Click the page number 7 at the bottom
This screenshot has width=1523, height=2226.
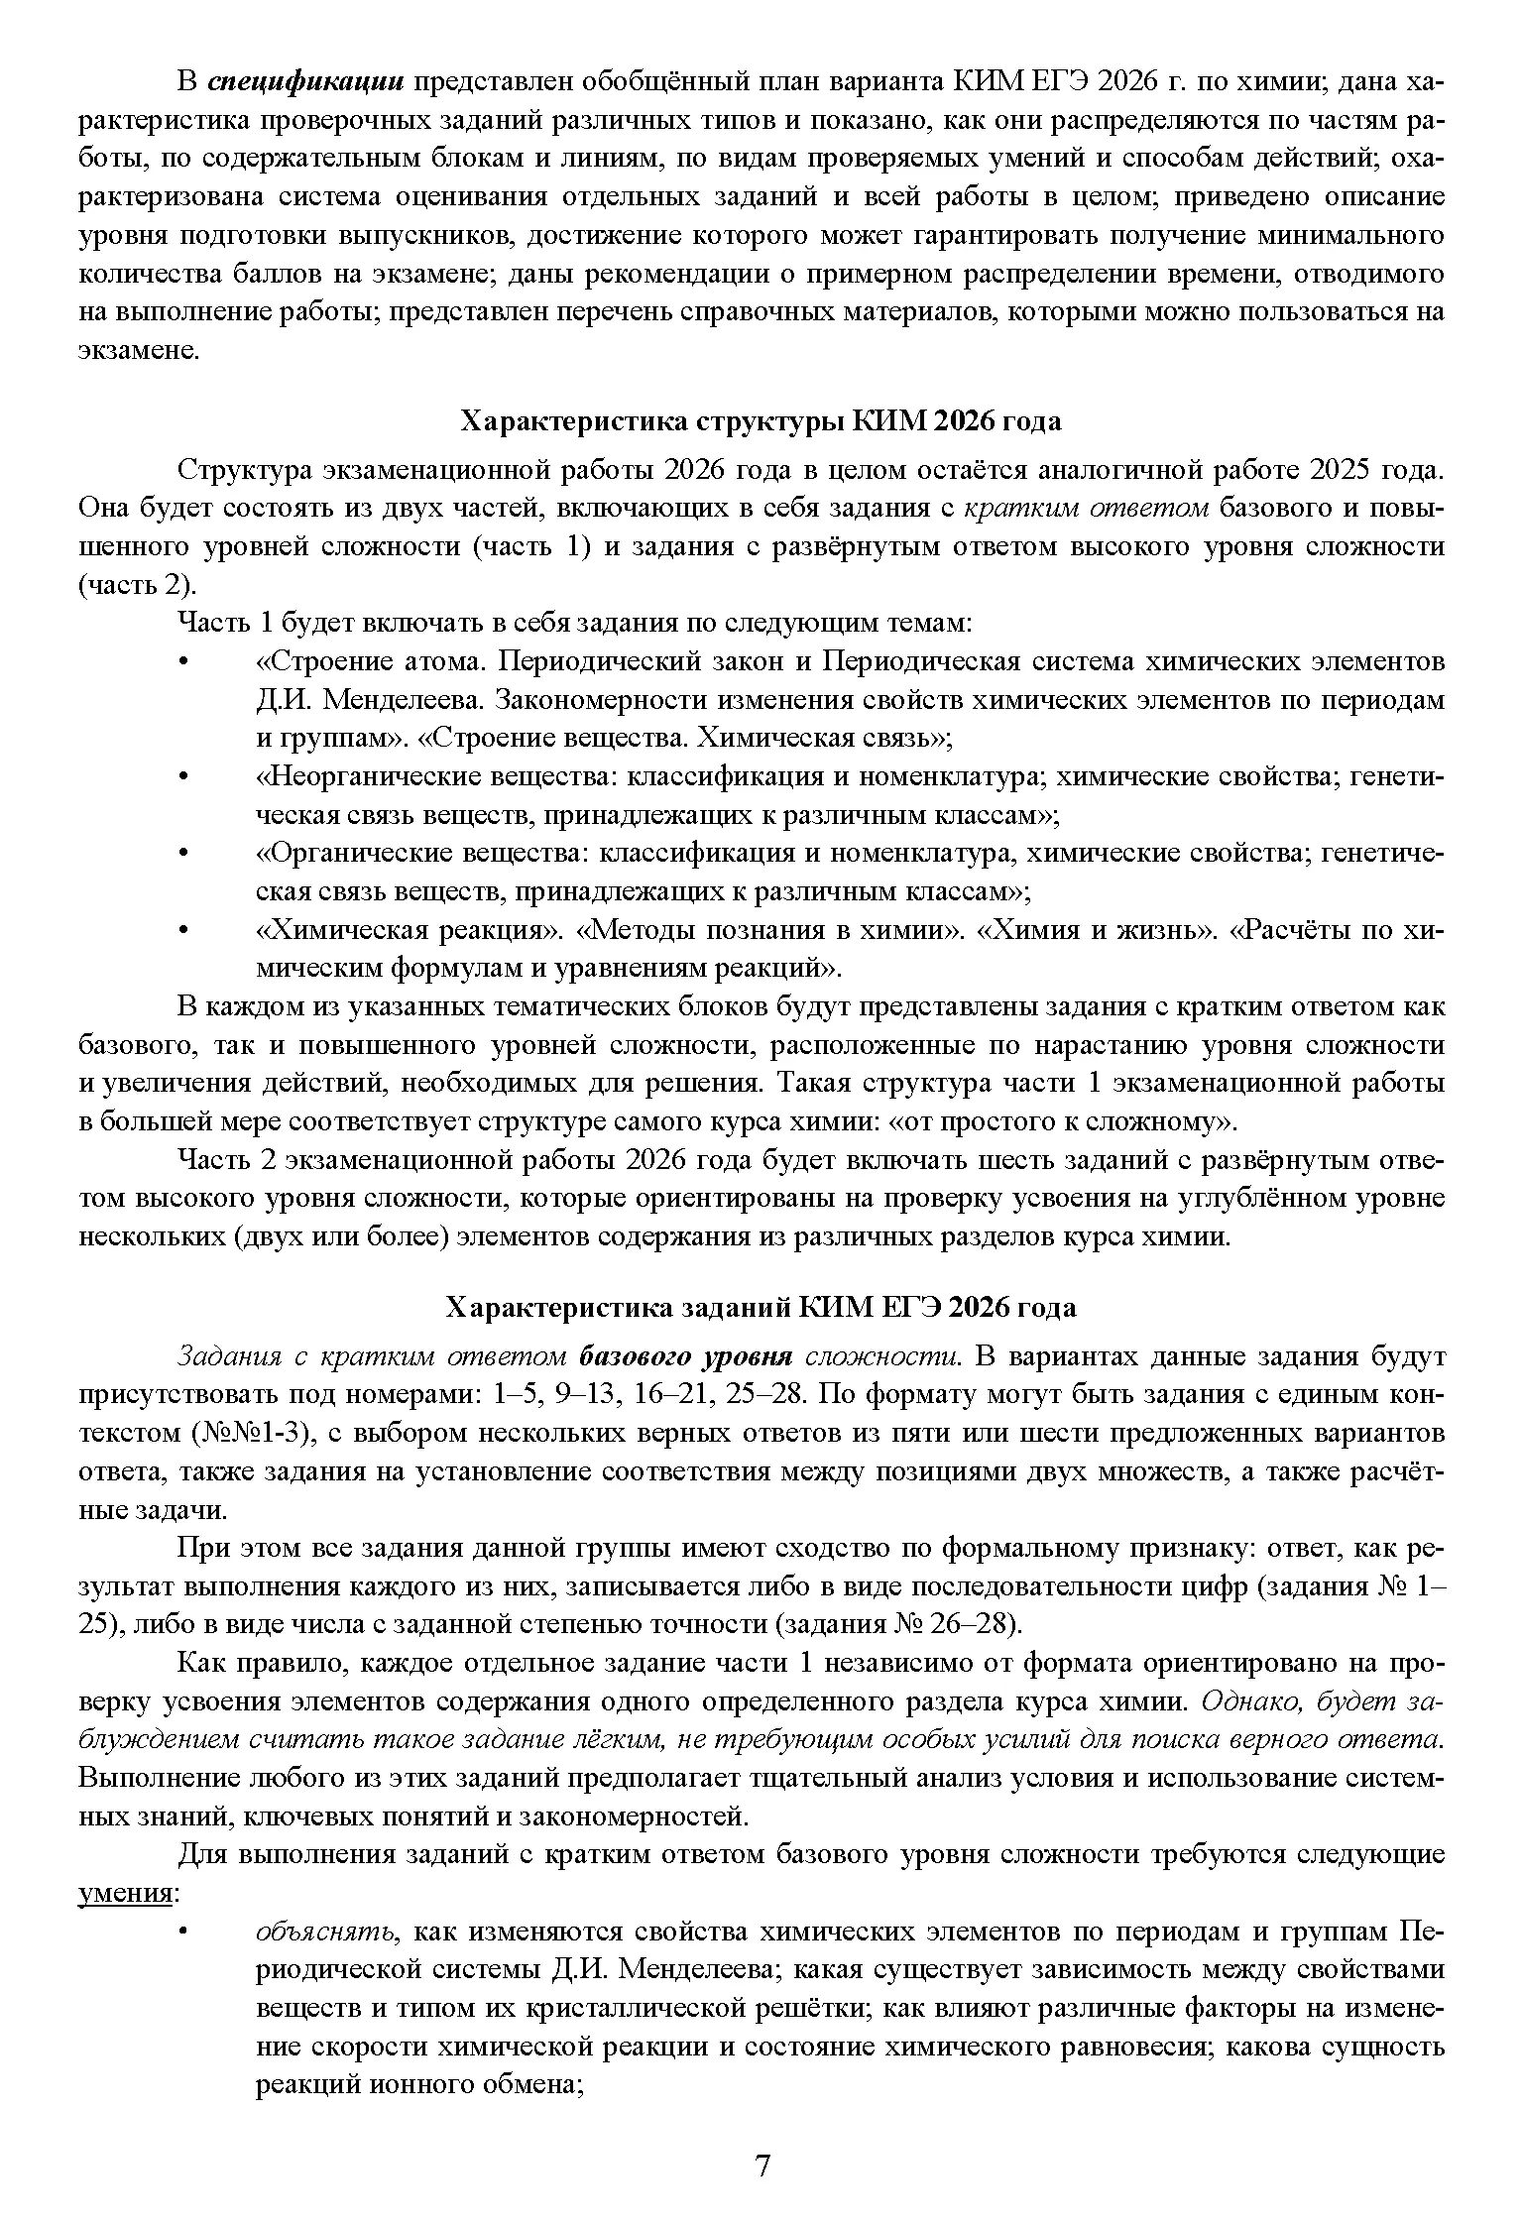click(x=761, y=2166)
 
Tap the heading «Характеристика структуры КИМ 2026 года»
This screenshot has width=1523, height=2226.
click(x=761, y=421)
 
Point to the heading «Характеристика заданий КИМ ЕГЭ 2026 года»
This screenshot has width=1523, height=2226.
click(x=761, y=1308)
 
